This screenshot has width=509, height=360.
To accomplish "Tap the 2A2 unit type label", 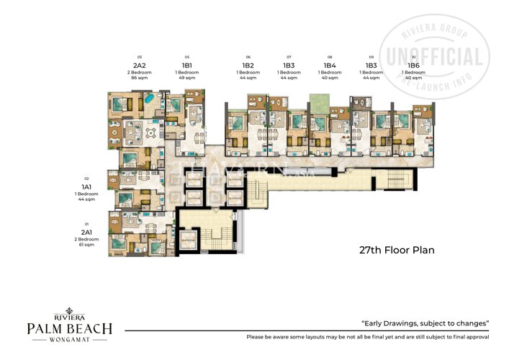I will point(139,64).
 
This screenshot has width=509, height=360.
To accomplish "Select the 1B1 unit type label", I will point(186,64).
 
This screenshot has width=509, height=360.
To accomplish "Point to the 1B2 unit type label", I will point(248,64).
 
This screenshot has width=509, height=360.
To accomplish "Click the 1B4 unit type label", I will point(330,64).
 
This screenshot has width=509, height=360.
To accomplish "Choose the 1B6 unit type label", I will point(413,64).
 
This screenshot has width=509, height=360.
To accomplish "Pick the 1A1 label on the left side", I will point(86,186).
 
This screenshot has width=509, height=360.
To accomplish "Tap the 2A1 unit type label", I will point(86,233).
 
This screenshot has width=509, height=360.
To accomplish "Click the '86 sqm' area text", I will point(139,77).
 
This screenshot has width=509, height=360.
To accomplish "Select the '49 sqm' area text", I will point(186,77).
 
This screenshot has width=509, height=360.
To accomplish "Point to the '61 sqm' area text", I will point(86,245).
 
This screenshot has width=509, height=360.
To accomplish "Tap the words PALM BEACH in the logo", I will point(70,329).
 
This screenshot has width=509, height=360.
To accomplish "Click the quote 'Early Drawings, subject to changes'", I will point(425,323).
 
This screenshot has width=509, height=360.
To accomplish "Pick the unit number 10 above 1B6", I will point(413,56).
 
